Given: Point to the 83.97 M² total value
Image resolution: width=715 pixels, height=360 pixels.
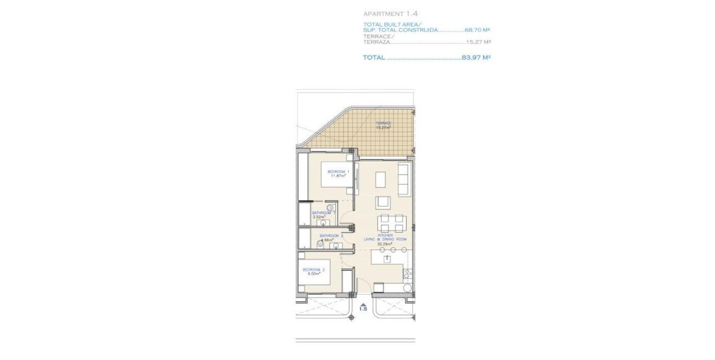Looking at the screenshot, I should click(x=476, y=57).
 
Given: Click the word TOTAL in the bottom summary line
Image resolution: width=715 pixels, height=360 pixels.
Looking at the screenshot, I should click(x=374, y=57).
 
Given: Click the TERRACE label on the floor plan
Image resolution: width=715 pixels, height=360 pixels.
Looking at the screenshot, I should click(x=383, y=123).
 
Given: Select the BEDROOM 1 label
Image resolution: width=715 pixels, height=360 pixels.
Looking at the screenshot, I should click(x=338, y=172).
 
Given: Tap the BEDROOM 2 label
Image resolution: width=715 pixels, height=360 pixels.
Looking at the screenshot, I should click(x=313, y=270).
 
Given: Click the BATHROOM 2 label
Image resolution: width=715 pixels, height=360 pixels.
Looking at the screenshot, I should click(x=331, y=236).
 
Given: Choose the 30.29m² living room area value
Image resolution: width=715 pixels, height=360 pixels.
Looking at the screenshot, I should click(x=385, y=243).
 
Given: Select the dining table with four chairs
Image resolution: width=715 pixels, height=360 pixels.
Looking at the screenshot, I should click(x=390, y=223).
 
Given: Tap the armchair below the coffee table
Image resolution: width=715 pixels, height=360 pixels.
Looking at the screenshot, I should click(x=383, y=202).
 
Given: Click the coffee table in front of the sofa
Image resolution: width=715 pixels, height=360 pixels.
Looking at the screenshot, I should click(x=381, y=180).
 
